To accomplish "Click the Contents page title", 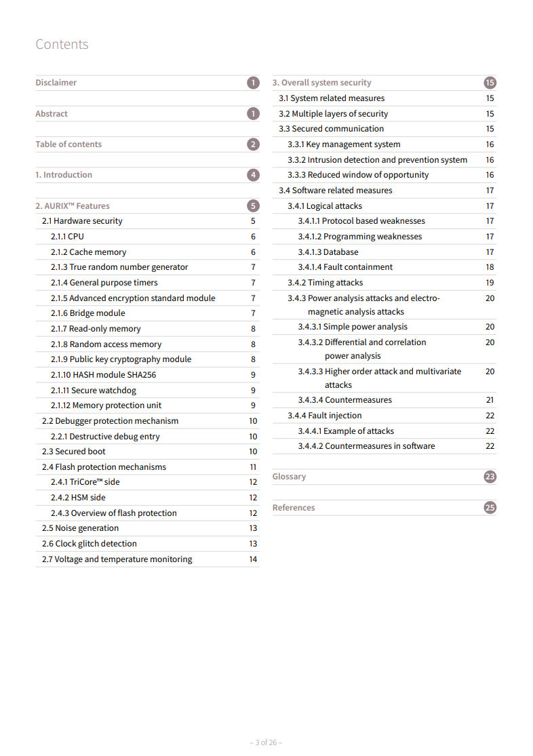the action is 62,45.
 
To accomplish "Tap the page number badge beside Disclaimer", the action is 253,83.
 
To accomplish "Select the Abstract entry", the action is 52,114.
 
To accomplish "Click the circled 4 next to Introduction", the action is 253,175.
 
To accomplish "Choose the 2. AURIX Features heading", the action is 73,206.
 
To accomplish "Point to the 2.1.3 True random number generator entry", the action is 119,267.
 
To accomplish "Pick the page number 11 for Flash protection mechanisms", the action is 253,467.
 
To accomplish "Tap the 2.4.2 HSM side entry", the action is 78,498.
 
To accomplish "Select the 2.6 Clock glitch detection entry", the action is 89,544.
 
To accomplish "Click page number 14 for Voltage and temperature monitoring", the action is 253,559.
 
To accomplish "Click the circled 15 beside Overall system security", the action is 490,83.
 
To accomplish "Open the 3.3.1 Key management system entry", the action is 344,144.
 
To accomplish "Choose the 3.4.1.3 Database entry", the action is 328,252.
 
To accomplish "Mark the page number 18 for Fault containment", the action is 490,267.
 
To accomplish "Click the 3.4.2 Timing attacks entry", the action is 325,283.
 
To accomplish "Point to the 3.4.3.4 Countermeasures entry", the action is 344,400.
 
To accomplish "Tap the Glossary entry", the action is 289,477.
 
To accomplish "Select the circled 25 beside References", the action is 490,508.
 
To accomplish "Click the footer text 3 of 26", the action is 266,742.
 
